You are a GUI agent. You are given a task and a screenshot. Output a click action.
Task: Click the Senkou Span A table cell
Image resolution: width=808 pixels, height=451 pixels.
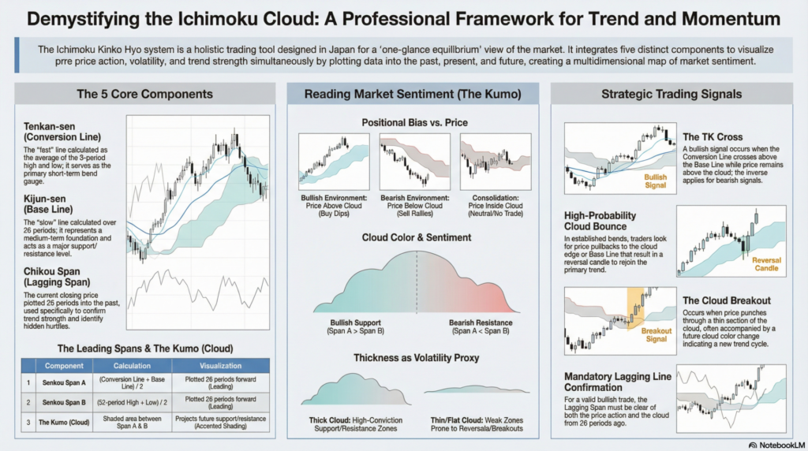(64, 383)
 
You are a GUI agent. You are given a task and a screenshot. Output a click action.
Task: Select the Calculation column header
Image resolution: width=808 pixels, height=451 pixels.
(132, 366)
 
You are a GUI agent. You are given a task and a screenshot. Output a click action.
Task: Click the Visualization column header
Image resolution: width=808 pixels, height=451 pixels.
(220, 366)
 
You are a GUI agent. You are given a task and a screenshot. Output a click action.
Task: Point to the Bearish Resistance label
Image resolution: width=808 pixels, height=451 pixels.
(480, 323)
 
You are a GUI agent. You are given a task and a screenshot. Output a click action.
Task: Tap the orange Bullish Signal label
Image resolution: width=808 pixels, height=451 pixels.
(656, 181)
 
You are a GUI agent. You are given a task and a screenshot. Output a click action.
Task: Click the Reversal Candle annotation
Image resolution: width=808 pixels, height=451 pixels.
(766, 263)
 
